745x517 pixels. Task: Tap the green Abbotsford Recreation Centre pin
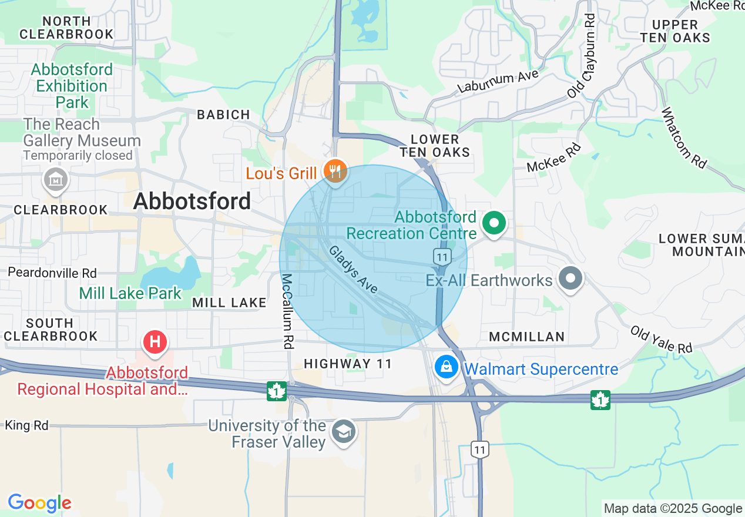pos(494,223)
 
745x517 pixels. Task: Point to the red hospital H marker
pos(155,342)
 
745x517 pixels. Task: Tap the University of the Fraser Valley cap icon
pos(343,432)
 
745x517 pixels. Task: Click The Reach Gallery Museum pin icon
pos(56,180)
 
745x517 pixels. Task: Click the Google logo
pos(39,503)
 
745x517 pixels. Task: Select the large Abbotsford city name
pos(192,202)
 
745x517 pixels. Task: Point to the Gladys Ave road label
pos(353,270)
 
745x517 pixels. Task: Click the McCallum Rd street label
pos(287,311)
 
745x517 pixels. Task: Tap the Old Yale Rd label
pos(662,340)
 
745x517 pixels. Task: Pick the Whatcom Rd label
pos(683,137)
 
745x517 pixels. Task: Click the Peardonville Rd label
pos(52,273)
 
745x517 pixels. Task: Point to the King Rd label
pos(26,425)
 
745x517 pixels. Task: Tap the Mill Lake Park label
pos(130,293)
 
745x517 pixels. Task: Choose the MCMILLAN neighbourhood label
pos(527,337)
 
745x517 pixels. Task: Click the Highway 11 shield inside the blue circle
pos(442,256)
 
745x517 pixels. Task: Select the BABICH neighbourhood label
pos(223,115)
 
